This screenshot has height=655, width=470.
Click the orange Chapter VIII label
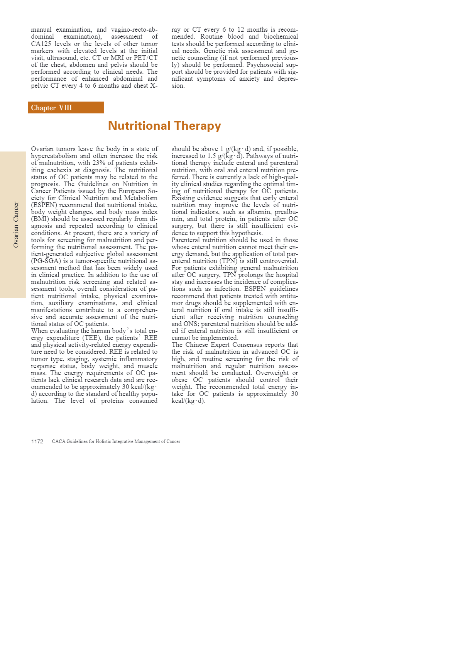(51, 108)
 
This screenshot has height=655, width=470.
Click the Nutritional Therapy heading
(164, 126)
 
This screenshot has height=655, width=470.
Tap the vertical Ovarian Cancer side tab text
(16, 224)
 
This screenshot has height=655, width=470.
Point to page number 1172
(37, 441)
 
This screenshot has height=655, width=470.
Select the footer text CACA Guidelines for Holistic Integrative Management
(116, 441)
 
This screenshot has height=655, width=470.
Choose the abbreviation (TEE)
(92, 338)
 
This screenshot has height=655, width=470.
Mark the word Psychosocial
(265, 64)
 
